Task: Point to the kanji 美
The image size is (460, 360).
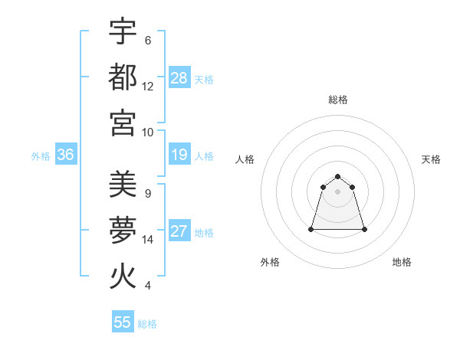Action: point(123,184)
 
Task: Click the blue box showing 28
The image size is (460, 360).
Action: point(179,77)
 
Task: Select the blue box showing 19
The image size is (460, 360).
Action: point(179,155)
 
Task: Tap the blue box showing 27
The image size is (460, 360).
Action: point(179,232)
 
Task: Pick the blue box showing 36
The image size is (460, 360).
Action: point(65,155)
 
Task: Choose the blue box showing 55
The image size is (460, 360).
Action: point(123,322)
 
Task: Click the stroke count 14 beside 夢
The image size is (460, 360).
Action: point(148,240)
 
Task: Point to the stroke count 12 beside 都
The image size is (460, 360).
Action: point(148,86)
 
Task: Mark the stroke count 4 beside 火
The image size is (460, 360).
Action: point(148,286)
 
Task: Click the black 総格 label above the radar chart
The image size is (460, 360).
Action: point(338,100)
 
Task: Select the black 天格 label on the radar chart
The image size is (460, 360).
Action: point(431,159)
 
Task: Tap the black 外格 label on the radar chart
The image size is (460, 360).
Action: point(270,262)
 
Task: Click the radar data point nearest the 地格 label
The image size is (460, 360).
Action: point(364,229)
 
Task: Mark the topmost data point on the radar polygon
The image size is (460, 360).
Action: point(338,176)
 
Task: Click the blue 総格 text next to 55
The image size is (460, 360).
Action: point(148,324)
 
